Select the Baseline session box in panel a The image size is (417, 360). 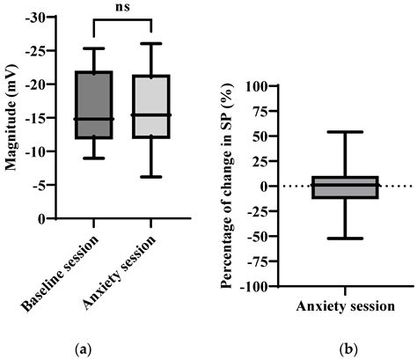pos(92,105)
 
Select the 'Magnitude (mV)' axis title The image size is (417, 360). pos(13,118)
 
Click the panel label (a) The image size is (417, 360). pos(83,349)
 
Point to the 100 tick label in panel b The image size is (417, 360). pos(257,86)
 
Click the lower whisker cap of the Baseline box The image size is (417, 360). pos(92,158)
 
